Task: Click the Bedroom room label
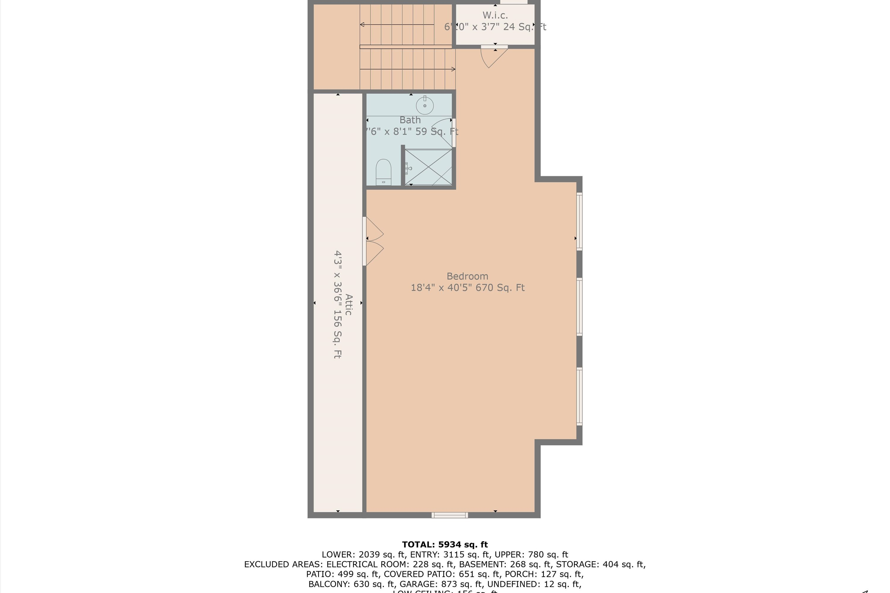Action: click(x=467, y=276)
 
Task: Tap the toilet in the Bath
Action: click(x=383, y=172)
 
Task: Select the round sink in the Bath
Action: click(x=425, y=105)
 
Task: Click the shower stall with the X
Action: click(x=428, y=167)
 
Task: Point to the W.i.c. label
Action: click(x=495, y=15)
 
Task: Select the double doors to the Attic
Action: click(x=374, y=241)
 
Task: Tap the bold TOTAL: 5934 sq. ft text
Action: click(x=445, y=545)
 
